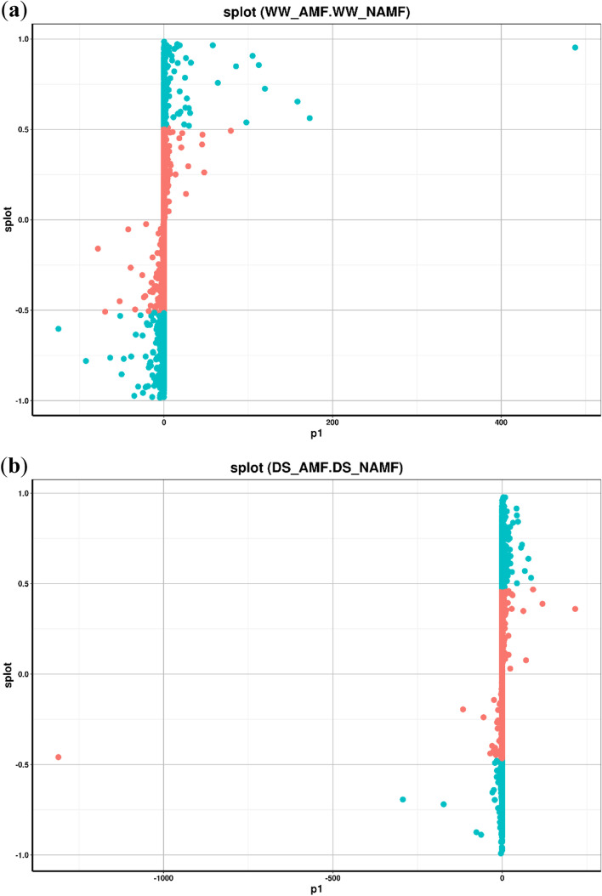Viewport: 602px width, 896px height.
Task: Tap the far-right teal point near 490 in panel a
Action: (x=575, y=48)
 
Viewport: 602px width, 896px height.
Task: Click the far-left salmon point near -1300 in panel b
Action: (x=59, y=757)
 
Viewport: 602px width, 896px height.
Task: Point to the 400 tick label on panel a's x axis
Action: (x=501, y=422)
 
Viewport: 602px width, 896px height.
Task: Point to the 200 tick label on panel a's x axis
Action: (x=332, y=422)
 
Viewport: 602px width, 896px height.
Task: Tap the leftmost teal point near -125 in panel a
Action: (x=59, y=328)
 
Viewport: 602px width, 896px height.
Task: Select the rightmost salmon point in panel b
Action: (x=575, y=609)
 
